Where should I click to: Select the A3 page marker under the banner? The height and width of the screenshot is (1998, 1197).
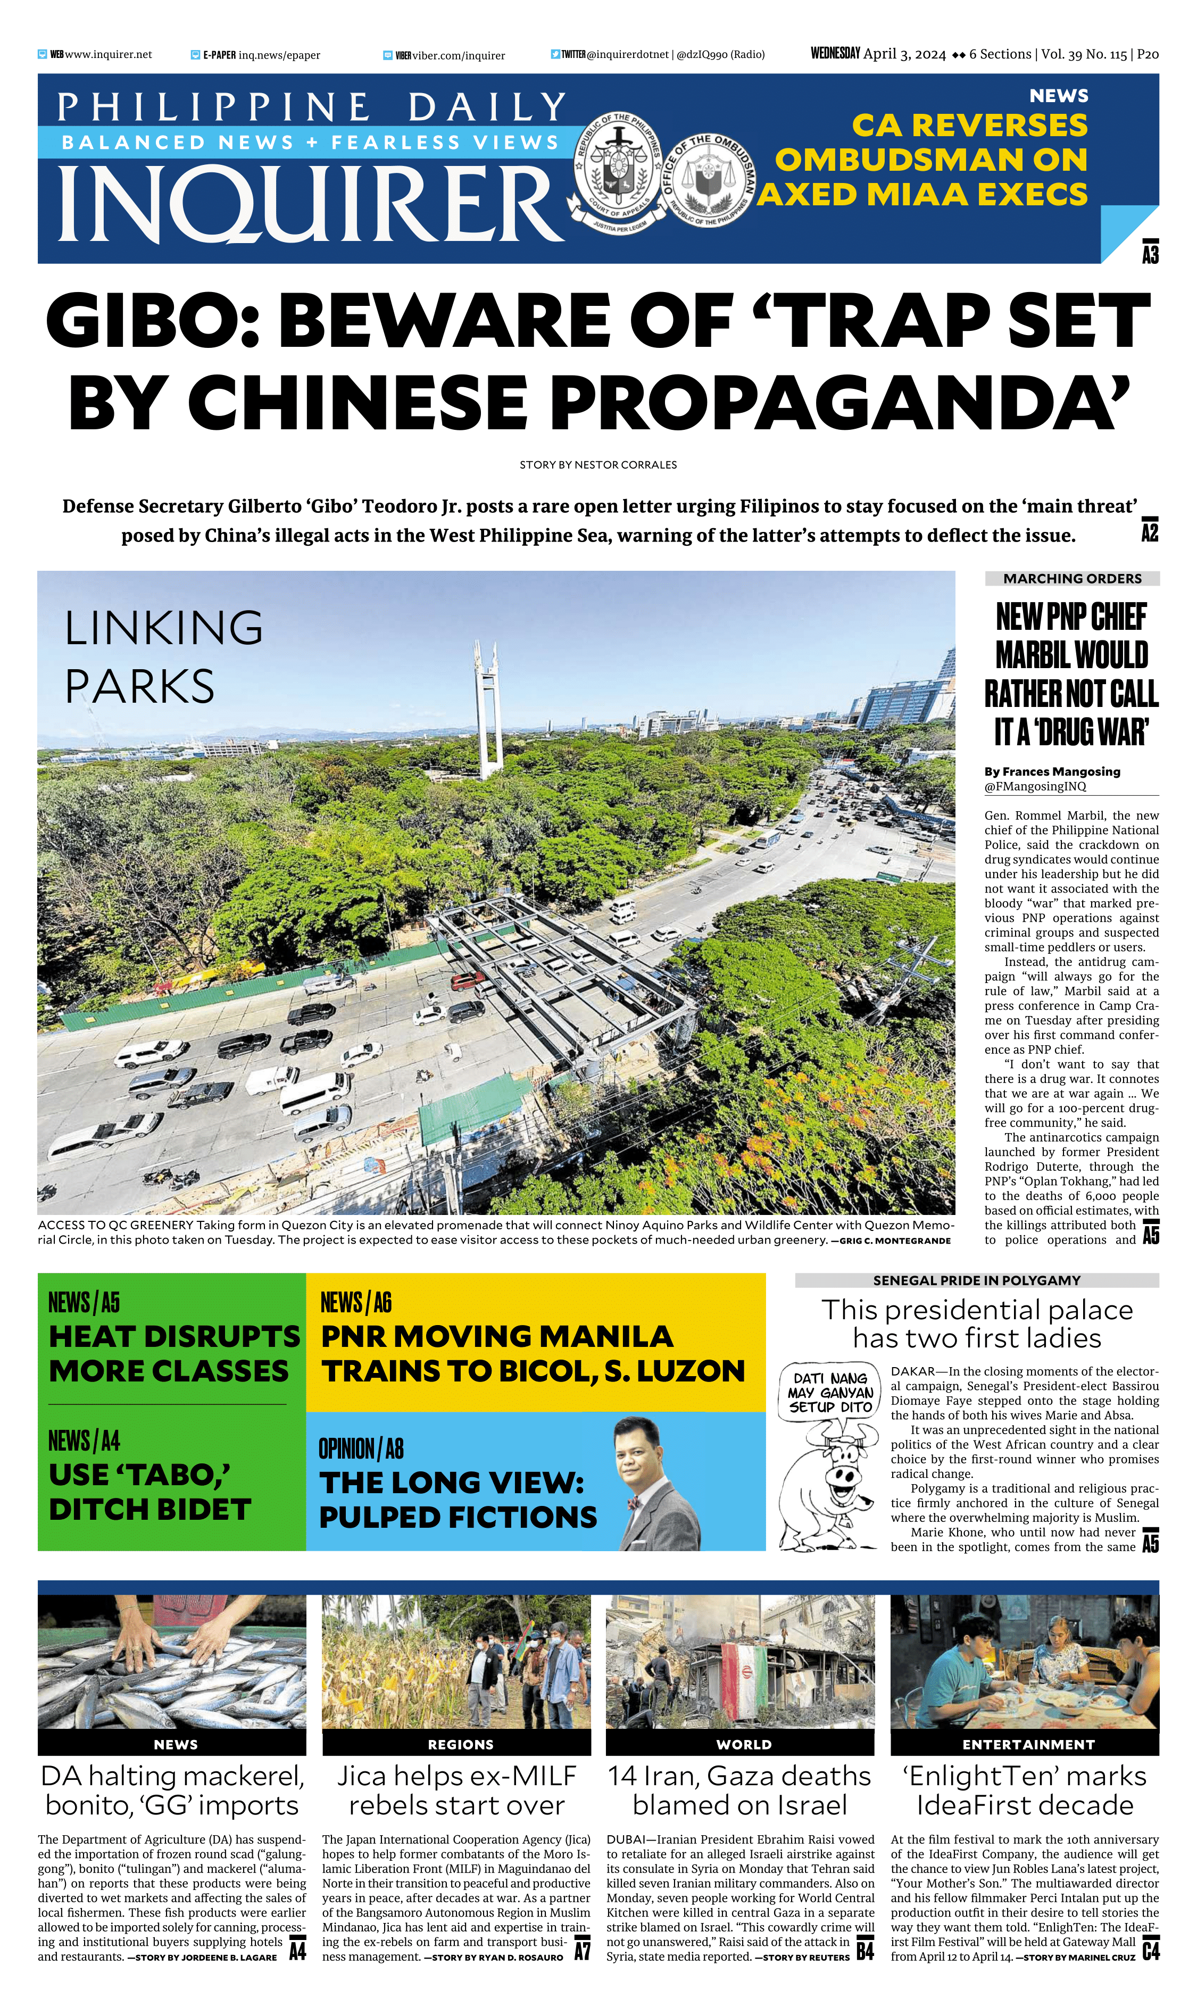point(1150,253)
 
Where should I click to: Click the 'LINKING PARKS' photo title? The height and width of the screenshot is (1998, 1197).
point(164,656)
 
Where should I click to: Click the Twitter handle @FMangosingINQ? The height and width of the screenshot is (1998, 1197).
point(1035,786)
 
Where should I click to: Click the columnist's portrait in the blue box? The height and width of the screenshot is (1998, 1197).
point(656,1484)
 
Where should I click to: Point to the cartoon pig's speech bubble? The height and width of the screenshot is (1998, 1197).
point(830,1393)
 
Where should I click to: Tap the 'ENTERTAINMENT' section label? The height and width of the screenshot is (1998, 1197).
point(1028,1744)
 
